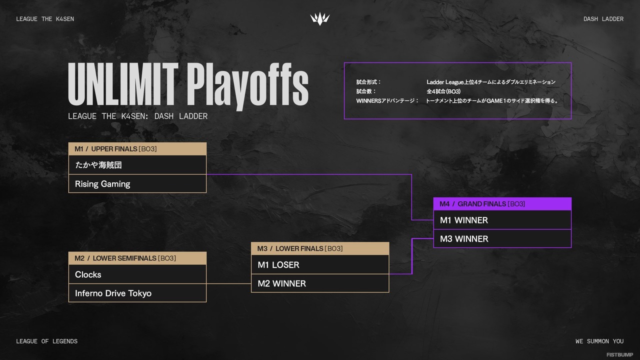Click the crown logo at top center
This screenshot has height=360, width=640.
tap(319, 19)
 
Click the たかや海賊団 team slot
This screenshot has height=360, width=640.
tap(137, 165)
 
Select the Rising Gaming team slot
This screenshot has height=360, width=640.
tap(137, 184)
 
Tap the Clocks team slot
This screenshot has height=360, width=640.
tap(137, 274)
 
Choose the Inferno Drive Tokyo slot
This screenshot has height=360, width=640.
tap(137, 293)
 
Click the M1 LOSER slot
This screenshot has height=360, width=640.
tap(319, 265)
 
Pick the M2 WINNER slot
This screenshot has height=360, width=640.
tap(319, 283)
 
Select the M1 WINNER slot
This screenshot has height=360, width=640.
tap(502, 220)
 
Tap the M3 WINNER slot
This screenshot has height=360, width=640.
tap(502, 239)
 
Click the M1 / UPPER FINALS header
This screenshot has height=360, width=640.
tap(137, 149)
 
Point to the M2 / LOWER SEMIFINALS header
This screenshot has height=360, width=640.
tap(137, 258)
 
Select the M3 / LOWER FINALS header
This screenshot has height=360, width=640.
tap(319, 248)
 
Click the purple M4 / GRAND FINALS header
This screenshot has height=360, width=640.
tap(502, 204)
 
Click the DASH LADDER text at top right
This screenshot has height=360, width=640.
tap(603, 19)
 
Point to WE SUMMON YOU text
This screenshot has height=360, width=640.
tap(599, 341)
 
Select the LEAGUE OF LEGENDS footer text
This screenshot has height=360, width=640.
tap(46, 341)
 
